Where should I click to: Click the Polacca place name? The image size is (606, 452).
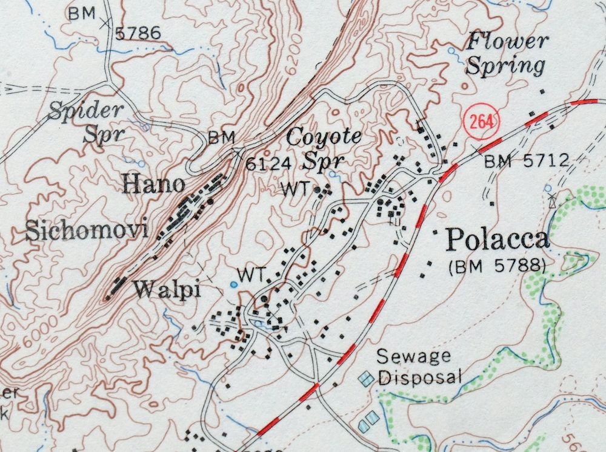(498, 240)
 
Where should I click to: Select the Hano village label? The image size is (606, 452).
(153, 183)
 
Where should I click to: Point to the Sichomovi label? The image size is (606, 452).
(87, 231)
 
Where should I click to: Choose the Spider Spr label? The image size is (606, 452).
(86, 120)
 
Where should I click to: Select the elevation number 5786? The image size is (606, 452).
(138, 33)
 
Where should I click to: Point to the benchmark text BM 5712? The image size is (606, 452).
(527, 161)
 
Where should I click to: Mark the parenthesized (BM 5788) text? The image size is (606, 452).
(497, 266)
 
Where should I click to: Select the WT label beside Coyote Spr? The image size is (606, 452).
(296, 188)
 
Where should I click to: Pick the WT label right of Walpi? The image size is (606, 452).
(251, 275)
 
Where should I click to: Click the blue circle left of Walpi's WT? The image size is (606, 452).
(234, 284)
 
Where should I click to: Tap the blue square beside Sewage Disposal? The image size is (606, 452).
(365, 379)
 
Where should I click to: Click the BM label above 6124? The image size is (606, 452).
(221, 138)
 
